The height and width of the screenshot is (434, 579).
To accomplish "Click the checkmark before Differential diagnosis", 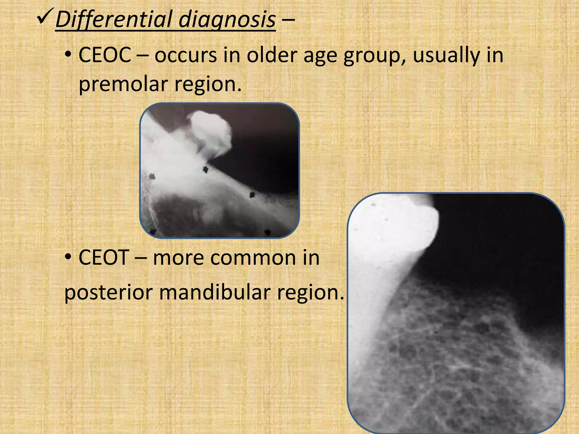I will (45, 18).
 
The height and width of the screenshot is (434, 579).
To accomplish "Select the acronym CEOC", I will (105, 55).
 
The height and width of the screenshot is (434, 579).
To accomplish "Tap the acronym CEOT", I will (103, 258).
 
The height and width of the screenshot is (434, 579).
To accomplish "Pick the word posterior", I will (109, 293).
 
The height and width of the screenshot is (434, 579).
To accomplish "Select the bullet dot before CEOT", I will (68, 258).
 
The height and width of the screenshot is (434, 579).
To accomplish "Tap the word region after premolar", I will (208, 84).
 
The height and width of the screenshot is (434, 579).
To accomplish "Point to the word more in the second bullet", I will (178, 258).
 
